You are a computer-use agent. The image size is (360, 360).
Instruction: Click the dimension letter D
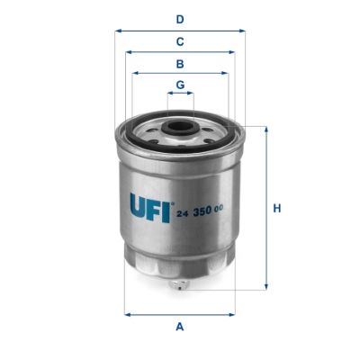click(x=180, y=19)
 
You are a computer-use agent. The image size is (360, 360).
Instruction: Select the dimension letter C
click(x=180, y=41)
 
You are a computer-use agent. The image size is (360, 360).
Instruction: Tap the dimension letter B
click(x=180, y=64)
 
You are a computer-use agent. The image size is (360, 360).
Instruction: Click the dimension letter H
click(x=278, y=209)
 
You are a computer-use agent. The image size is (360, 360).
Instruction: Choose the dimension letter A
click(x=180, y=327)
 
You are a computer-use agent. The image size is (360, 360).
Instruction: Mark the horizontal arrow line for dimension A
click(x=180, y=313)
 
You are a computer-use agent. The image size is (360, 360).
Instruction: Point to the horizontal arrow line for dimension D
click(x=180, y=30)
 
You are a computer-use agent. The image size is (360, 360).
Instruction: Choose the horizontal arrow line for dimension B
click(x=180, y=74)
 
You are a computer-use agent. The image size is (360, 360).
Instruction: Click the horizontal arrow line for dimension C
click(x=180, y=51)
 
